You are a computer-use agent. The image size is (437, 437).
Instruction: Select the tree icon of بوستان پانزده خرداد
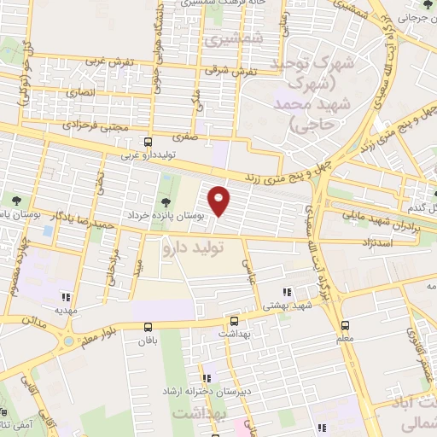tap(165, 201)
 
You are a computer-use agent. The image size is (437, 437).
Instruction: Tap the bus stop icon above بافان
tap(149, 326)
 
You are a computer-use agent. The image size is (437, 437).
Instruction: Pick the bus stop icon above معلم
tap(345, 325)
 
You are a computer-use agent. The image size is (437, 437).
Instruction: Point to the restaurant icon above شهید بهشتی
tap(288, 291)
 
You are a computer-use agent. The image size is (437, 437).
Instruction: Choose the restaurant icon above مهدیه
tap(65, 298)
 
